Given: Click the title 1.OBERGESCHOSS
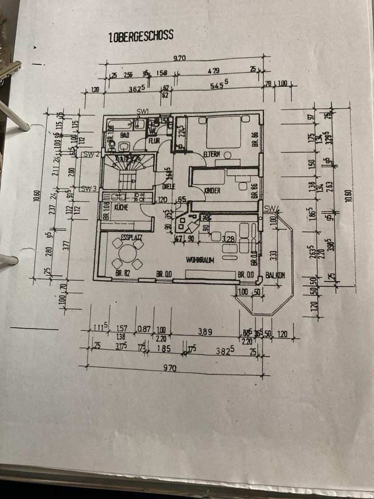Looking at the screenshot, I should point(141,36).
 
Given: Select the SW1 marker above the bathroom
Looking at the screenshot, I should point(143,112).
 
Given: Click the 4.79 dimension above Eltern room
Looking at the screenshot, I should point(212,71).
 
